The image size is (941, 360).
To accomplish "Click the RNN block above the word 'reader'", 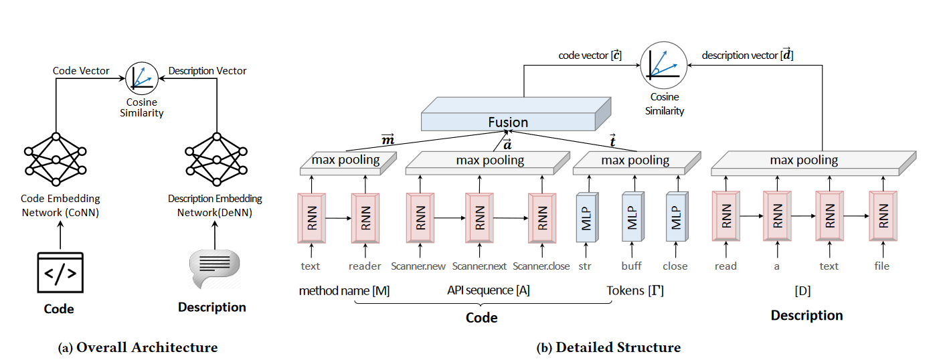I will pyautogui.click(x=365, y=217).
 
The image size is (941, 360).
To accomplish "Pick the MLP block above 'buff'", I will pyautogui.click(x=631, y=217).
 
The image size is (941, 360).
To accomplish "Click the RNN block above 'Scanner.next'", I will pyautogui.click(x=479, y=217).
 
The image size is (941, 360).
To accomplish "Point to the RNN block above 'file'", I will pyautogui.click(x=883, y=217).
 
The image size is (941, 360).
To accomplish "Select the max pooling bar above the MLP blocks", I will pyautogui.click(x=634, y=161).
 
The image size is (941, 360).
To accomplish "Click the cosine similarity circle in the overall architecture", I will pyautogui.click(x=141, y=78).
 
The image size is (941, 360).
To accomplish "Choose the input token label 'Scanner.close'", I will pyautogui.click(x=541, y=266).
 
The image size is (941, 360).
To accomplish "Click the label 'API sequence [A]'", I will pyautogui.click(x=489, y=290).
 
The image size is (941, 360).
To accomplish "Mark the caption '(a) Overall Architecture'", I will pyautogui.click(x=139, y=347).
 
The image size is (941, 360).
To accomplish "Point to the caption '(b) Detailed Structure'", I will pyautogui.click(x=608, y=347).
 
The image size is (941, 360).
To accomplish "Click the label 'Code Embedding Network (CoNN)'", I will pyautogui.click(x=60, y=205).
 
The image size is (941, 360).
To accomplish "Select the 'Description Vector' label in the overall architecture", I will pyautogui.click(x=207, y=70).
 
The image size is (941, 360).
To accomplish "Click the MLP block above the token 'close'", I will pyautogui.click(x=675, y=217).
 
